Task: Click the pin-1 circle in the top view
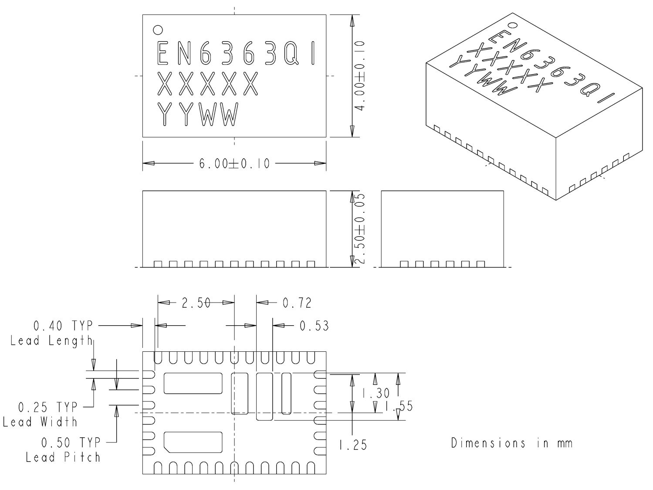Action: [x=158, y=30]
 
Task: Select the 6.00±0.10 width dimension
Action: [x=234, y=163]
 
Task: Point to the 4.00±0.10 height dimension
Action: [x=360, y=76]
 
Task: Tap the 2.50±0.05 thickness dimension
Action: [x=360, y=228]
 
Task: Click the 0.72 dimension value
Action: [x=297, y=303]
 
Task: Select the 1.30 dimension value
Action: [x=376, y=393]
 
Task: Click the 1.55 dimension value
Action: [x=399, y=406]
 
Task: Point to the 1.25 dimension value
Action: [x=353, y=445]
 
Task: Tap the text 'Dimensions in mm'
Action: [x=512, y=443]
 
